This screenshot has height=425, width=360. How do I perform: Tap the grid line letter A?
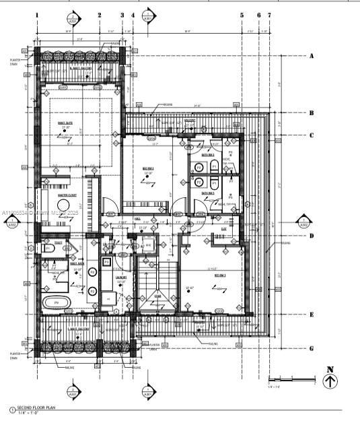tap(312, 56)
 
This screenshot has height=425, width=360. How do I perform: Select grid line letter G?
tap(312, 348)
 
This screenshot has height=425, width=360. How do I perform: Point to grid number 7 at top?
tap(269, 14)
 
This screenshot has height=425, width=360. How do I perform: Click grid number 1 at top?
tap(37, 14)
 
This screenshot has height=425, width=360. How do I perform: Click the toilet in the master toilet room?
tap(48, 249)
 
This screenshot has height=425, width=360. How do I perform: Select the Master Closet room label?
tap(67, 195)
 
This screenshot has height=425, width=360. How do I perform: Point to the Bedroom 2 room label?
tap(148, 168)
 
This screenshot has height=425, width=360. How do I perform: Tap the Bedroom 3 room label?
tap(220, 275)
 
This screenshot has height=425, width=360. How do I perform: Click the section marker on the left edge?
tap(11, 225)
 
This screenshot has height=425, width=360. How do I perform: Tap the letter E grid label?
tap(312, 315)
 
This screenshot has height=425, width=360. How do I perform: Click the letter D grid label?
tap(312, 236)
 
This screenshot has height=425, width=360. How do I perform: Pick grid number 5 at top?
tap(242, 14)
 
